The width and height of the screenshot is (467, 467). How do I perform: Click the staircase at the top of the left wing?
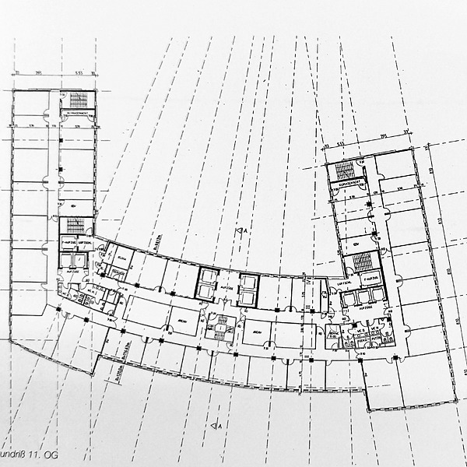[x=79, y=99]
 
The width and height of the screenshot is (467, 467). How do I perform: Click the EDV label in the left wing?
[x=72, y=205]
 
